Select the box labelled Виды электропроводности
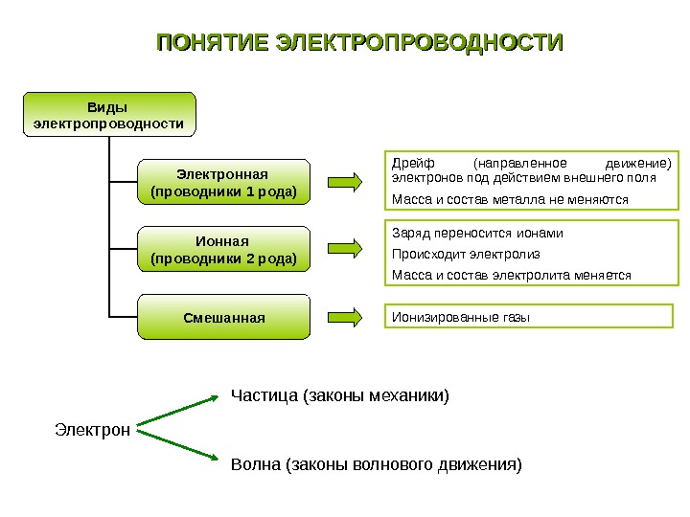coord(108,114)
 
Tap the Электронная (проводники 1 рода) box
coord(224,183)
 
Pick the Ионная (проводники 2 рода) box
coord(224,250)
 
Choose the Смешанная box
coord(224,317)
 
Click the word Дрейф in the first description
coord(409,162)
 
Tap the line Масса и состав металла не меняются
coord(510,200)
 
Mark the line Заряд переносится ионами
coord(477,233)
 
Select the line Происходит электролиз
coord(466,254)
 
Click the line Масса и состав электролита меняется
coord(512,275)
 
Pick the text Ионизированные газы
coord(461,317)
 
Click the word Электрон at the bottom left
coord(92,430)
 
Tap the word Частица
coord(264,394)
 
